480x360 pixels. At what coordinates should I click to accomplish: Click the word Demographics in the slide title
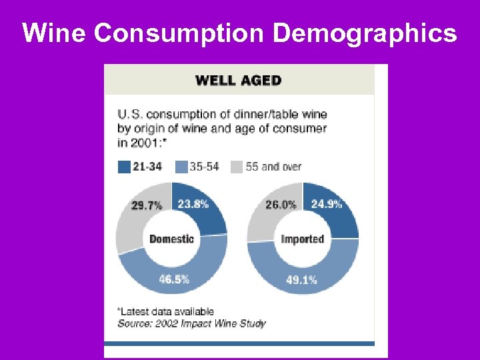(x=365, y=33)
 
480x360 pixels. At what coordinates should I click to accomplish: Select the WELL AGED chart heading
(x=238, y=81)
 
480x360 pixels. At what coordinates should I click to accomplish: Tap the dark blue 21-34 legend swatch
(x=124, y=167)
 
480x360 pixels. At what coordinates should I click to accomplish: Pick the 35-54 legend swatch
(x=182, y=167)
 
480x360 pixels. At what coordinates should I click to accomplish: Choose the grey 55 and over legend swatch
(x=237, y=167)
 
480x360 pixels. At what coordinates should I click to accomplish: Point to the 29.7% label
(x=147, y=206)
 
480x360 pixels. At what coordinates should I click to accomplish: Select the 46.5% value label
(x=174, y=279)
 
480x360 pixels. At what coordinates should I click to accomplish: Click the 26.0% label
(x=281, y=205)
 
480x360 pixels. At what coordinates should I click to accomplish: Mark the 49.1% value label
(x=301, y=281)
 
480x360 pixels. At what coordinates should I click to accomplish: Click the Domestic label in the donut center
(x=172, y=239)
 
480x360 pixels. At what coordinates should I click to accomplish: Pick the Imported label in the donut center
(x=302, y=239)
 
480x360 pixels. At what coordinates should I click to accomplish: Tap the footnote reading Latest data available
(x=166, y=311)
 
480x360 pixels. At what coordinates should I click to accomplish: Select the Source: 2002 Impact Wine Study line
(x=191, y=323)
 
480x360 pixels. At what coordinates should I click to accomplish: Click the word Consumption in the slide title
(x=181, y=33)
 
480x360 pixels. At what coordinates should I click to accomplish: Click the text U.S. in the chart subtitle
(x=131, y=115)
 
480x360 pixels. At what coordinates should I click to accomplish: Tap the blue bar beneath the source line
(x=239, y=344)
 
